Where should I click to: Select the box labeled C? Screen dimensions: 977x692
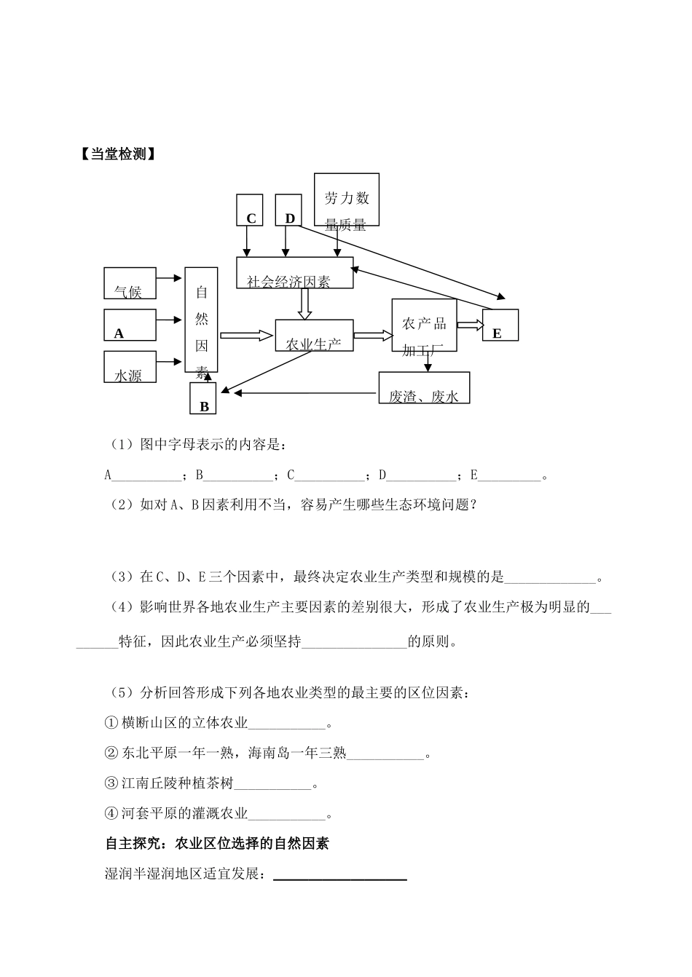pos(250,210)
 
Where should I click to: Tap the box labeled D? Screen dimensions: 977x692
pos(288,210)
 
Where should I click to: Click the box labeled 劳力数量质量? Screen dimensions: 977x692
pos(347,199)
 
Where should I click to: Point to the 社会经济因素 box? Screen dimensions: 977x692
pos(294,273)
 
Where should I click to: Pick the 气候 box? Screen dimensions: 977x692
pos(130,284)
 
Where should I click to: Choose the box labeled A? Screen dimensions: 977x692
pos(130,325)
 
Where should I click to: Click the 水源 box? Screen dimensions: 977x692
pos(130,367)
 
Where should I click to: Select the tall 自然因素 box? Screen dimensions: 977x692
pos(201,321)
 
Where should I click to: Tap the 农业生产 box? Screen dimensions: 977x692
pos(314,335)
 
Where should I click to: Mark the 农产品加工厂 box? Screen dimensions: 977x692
pos(424,325)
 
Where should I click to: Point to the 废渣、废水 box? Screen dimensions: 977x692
pos(424,387)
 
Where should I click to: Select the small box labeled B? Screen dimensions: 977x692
pos(203,398)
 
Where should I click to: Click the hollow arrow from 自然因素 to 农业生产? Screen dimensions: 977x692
pos(246,336)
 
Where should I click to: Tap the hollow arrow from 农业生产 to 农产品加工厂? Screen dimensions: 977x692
pos(372,336)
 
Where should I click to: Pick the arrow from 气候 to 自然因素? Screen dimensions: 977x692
pos(170,278)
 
